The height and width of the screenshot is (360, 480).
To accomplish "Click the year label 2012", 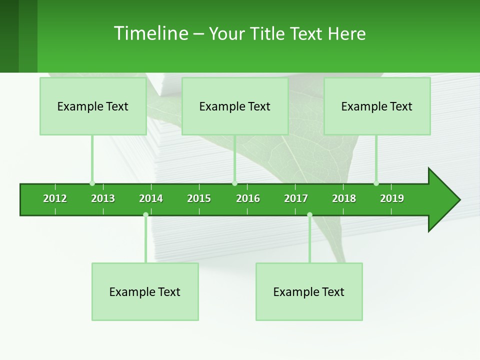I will tap(55, 198).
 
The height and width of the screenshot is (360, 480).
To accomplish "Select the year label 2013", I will tap(103, 198).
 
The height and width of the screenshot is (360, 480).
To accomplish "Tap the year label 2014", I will tap(151, 198).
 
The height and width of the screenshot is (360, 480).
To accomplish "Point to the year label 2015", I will tap(199, 198).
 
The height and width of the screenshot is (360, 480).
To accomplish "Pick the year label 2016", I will tap(248, 198).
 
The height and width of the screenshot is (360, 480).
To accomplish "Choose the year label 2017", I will tap(296, 198).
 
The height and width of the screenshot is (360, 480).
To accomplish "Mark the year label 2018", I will tap(344, 198).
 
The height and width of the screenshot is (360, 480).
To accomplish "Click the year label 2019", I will tap(392, 198).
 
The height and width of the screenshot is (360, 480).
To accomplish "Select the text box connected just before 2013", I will tap(93, 106).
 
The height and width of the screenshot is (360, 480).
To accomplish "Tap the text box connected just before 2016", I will tap(235, 106).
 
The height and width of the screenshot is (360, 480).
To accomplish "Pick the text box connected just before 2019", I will tap(377, 106).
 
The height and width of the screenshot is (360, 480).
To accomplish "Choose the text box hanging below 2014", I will tap(145, 291).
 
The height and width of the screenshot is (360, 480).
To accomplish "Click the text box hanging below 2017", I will tap(309, 291).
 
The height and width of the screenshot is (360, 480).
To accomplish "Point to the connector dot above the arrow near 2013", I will tap(92, 183).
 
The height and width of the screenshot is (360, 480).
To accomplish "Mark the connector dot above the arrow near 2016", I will tap(234, 183).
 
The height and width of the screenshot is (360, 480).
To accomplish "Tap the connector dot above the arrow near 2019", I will tap(376, 183).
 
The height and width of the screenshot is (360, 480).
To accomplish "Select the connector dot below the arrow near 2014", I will tap(145, 214).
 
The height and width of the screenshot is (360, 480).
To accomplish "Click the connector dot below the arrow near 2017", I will tap(309, 214).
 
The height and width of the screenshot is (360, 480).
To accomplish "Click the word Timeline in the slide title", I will tap(150, 33).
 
